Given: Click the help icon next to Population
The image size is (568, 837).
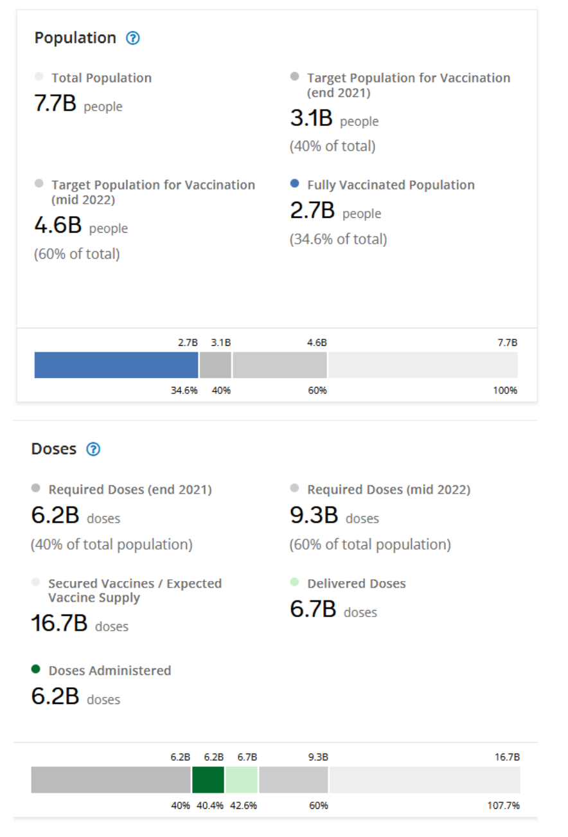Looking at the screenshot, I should (133, 38).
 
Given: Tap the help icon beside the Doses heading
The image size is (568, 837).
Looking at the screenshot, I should (93, 449).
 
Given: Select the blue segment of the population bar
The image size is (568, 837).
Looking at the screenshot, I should (116, 365).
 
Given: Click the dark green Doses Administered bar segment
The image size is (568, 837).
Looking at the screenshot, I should (208, 780).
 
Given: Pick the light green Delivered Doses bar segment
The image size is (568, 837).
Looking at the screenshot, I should (242, 780).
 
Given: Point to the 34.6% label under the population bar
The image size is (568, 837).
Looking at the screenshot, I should (184, 390).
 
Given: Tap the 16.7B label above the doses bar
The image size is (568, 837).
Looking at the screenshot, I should (508, 757).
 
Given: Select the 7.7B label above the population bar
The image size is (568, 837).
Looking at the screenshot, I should (507, 343).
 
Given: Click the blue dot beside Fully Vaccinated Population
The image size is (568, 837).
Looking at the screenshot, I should (295, 184).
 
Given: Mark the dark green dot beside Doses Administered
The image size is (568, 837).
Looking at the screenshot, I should (36, 669).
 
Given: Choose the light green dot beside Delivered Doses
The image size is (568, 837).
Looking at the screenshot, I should (295, 582).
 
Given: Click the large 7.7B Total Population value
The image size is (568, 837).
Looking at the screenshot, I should (55, 104).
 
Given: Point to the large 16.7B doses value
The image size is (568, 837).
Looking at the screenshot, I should (59, 624).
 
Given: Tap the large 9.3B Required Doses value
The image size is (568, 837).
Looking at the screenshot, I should (314, 516).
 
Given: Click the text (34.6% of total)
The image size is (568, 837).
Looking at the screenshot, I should (338, 240).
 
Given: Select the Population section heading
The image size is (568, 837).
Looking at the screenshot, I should (75, 38).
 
